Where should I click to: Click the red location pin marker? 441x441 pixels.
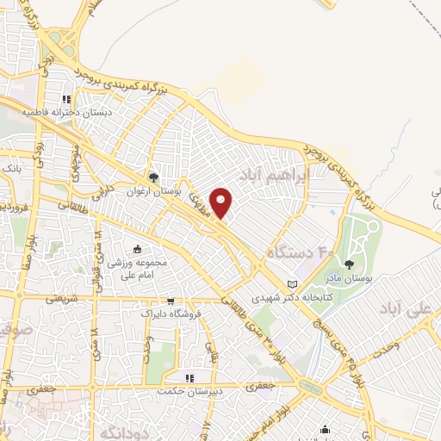222,202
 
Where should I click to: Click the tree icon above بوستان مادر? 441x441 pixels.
350,264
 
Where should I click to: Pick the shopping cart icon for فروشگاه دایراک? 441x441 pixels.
171,301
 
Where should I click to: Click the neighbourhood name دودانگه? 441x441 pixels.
121,430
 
